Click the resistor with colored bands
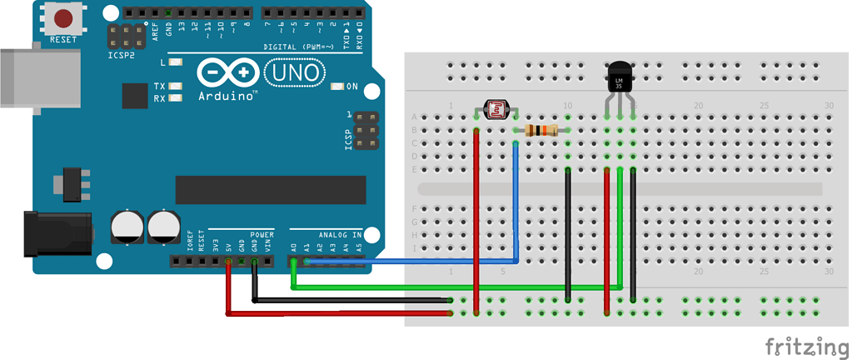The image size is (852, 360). [x=542, y=130]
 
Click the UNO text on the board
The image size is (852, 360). [x=297, y=73]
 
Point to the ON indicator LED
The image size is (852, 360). [x=336, y=87]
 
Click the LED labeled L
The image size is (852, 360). [x=176, y=62]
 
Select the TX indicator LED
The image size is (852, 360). [x=176, y=87]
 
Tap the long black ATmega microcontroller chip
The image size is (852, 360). [x=270, y=190]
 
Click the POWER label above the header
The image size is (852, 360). [x=262, y=235]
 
